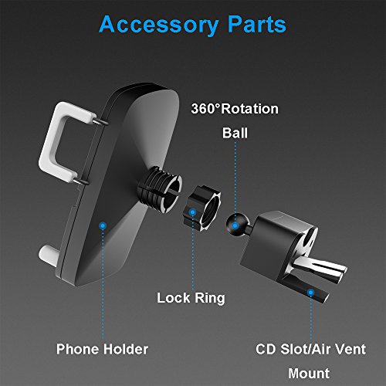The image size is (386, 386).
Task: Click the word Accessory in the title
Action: point(158,25)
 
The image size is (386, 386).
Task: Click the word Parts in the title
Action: point(257,24)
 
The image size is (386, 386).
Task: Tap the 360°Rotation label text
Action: point(235,109)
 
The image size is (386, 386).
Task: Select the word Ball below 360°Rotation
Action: point(235,133)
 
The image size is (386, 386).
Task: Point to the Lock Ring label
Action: point(191,298)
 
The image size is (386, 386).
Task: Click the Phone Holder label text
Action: point(102,349)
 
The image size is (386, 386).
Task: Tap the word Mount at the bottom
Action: point(309,374)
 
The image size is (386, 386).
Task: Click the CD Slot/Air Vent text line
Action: point(310,349)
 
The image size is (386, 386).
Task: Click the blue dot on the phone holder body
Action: point(103,226)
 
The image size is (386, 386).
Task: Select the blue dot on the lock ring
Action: point(192,212)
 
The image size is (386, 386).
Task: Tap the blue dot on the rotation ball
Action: point(235,226)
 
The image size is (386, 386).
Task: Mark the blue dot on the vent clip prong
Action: point(310,293)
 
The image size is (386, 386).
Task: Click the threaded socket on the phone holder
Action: point(160,189)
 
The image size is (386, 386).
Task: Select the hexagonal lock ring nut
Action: point(202,208)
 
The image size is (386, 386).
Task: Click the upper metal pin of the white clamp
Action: point(100,122)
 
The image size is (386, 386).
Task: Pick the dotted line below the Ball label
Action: point(235,181)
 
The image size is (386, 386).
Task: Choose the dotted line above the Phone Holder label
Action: point(103,284)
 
